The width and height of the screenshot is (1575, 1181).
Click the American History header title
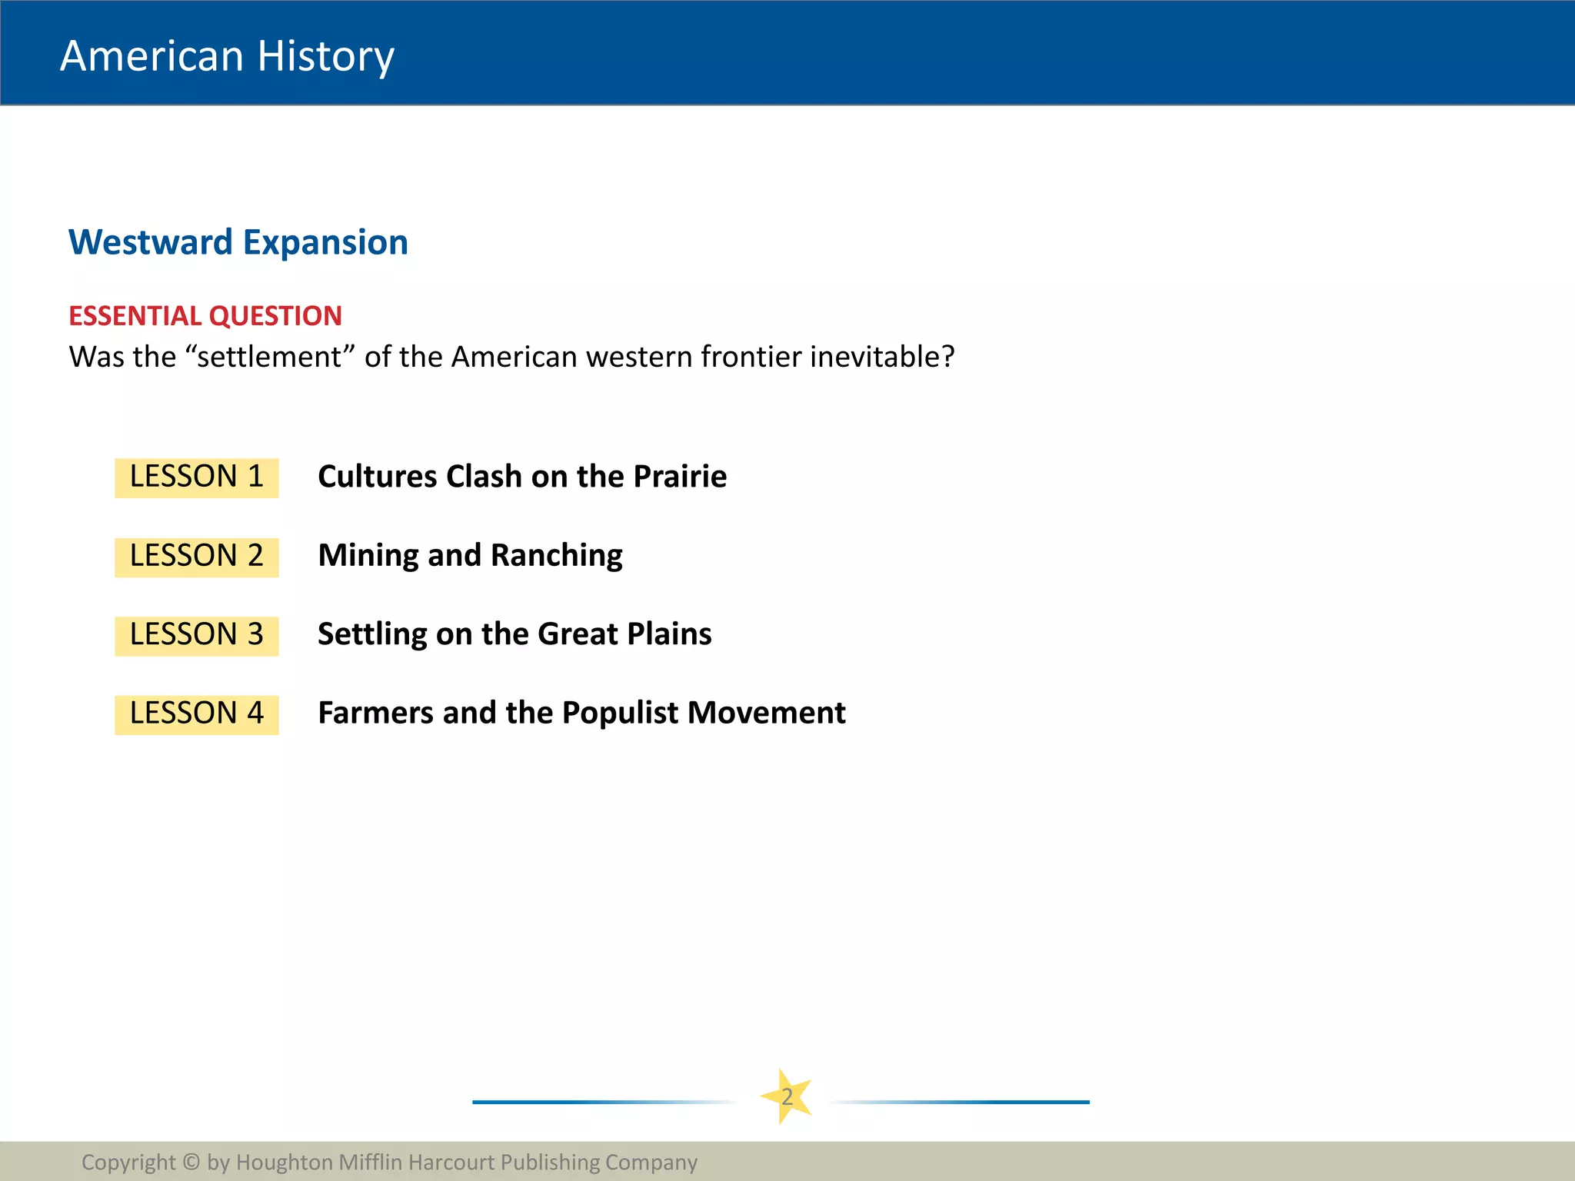(227, 56)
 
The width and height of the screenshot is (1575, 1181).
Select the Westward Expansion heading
(238, 242)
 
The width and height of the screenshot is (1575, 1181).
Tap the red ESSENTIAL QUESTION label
(205, 316)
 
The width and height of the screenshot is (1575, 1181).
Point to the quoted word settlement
(269, 357)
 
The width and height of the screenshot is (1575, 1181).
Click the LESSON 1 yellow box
(197, 477)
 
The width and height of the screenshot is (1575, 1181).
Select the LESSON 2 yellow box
(197, 557)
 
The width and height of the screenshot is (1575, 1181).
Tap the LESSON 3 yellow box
(197, 635)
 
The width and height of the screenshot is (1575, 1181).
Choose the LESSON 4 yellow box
(197, 714)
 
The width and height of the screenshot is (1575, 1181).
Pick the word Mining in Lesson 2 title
(368, 556)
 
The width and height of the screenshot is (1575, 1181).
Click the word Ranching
(556, 556)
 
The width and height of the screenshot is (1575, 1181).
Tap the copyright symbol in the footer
(191, 1162)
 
